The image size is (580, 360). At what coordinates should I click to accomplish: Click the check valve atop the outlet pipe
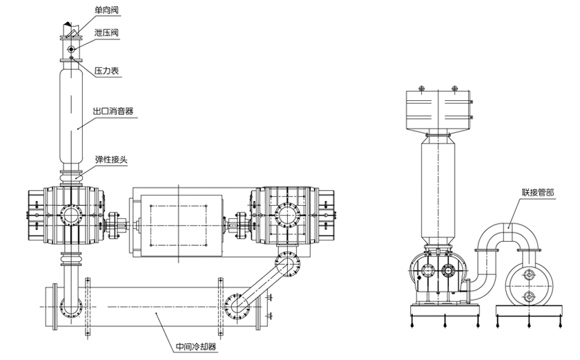70,30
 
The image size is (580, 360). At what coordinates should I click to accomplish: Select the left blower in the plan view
67,215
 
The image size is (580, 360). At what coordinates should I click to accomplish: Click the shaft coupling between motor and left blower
119,222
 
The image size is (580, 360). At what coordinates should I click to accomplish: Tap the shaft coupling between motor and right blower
240,222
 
